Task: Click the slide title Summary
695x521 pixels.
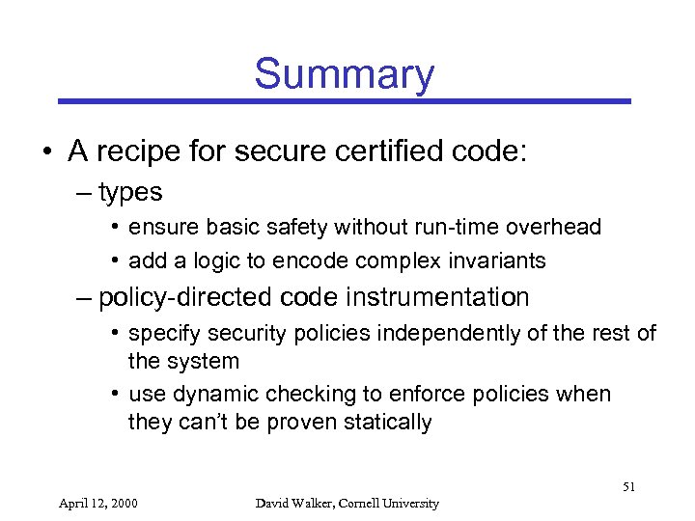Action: coord(345,74)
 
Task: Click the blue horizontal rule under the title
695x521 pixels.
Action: coord(345,100)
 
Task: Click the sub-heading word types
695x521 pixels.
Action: coord(130,192)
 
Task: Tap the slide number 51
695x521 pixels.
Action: coord(628,488)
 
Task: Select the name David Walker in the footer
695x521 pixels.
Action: coord(292,503)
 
